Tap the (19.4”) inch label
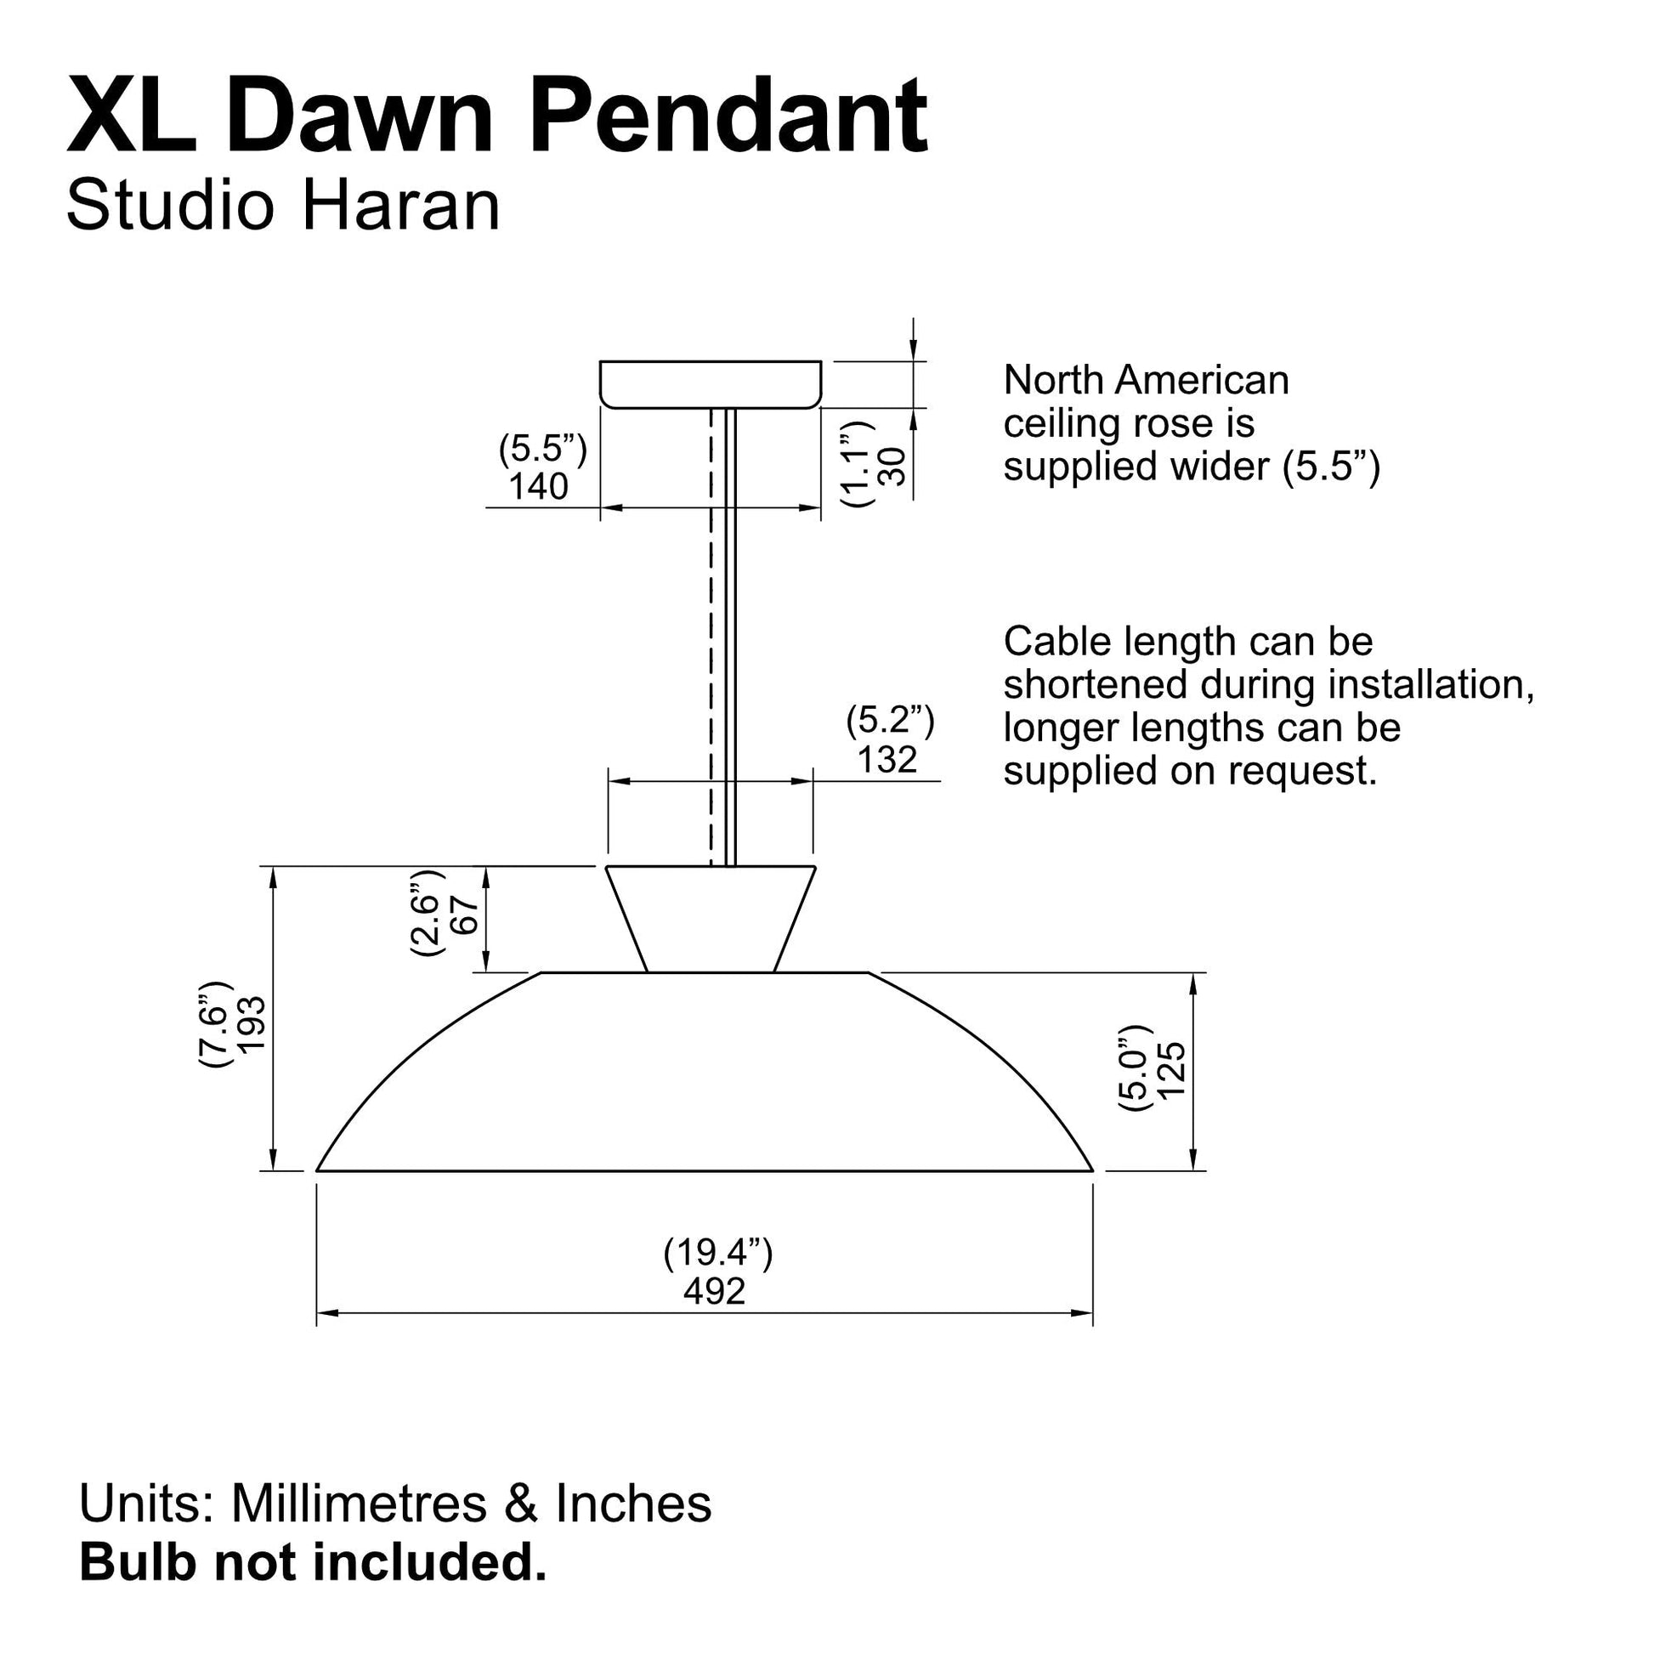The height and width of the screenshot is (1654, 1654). tap(718, 1253)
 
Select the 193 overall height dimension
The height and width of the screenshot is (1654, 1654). tap(252, 1025)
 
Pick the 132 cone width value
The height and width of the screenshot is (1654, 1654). tap(888, 760)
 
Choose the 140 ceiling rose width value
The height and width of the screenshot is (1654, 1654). tap(539, 486)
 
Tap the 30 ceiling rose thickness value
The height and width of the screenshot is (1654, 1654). tap(892, 467)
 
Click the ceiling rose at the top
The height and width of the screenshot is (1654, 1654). tap(711, 384)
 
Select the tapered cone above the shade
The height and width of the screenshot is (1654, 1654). tap(711, 920)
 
